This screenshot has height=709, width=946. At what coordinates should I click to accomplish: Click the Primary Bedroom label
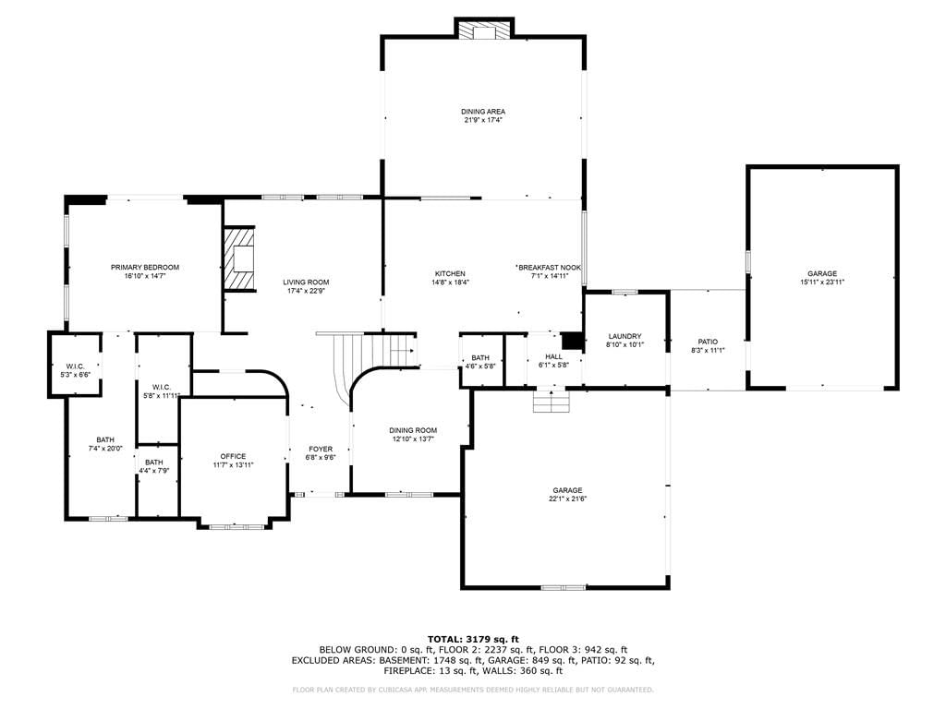[x=145, y=267]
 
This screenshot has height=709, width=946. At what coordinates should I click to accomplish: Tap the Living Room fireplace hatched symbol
[x=239, y=259]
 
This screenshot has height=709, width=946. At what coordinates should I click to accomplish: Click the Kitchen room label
[x=450, y=273]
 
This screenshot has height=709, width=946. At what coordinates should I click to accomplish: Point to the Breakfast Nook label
[x=550, y=268]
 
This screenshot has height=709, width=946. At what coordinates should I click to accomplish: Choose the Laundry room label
[x=625, y=336]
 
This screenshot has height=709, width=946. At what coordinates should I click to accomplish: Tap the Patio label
[x=708, y=342]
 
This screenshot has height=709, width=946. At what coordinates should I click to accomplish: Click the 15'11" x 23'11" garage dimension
[x=822, y=282]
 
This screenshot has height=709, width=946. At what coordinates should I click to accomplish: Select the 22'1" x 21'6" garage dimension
[x=568, y=499]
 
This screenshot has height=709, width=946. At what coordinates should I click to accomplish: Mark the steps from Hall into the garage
[x=552, y=402]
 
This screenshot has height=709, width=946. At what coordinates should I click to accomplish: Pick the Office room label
[x=233, y=456]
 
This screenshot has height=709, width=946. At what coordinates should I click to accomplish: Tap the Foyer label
[x=321, y=450]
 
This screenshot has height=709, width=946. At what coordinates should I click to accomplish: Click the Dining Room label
[x=413, y=430]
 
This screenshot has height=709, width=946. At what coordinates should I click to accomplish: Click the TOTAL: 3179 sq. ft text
[x=473, y=639]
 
